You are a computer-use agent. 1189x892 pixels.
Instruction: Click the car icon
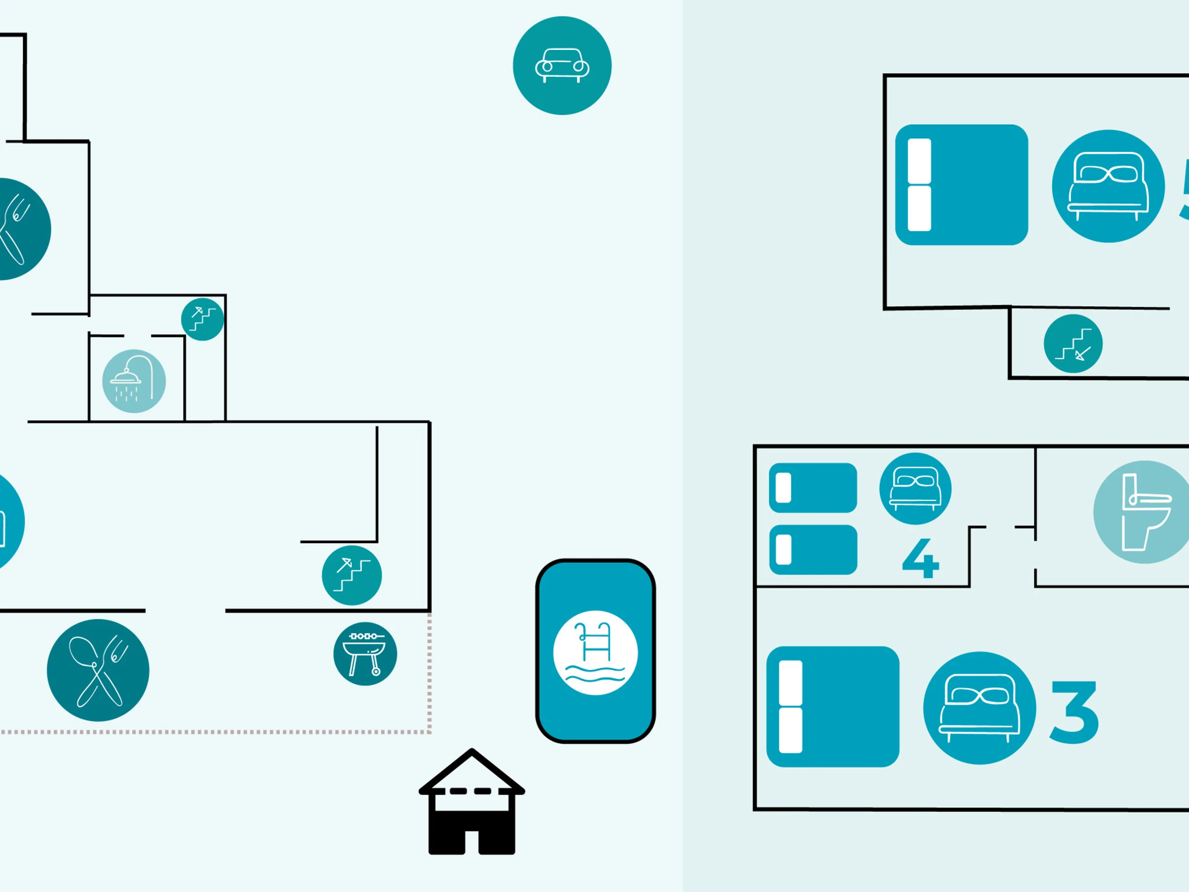point(562,65)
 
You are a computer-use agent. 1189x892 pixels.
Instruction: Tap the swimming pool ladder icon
point(595,653)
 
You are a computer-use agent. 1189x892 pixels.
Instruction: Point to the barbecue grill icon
point(365,654)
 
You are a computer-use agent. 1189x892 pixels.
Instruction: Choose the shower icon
point(134,381)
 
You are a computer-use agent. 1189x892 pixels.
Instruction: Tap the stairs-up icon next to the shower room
point(202,319)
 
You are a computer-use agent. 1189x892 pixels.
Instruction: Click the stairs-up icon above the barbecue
point(352,575)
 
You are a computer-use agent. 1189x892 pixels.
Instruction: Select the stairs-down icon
point(1073,343)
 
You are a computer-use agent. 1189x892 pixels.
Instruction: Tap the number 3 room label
point(1074,712)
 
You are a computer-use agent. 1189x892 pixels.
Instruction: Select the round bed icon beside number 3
point(979,708)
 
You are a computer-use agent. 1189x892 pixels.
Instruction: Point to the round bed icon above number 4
point(915,488)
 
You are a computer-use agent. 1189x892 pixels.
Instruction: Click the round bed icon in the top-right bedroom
point(1108,186)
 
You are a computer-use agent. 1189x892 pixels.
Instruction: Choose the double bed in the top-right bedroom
point(961,185)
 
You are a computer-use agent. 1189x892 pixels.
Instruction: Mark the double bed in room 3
point(833,707)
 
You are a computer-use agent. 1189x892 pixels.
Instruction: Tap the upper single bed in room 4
point(813,488)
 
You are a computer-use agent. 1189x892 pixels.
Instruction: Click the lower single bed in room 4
point(813,550)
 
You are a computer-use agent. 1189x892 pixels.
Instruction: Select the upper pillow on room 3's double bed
point(790,683)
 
